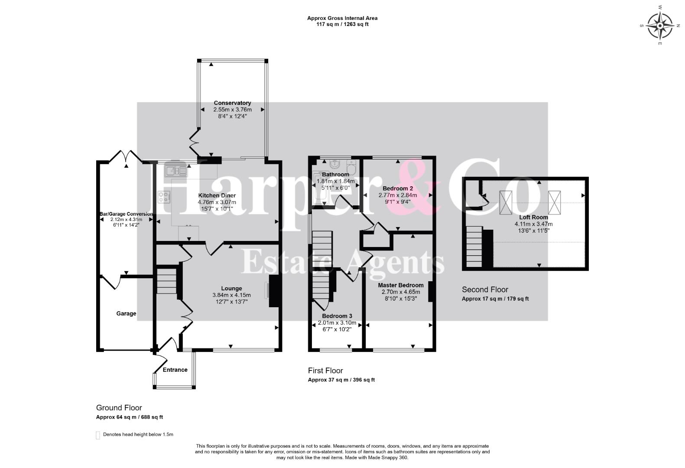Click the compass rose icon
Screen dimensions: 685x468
click(x=660, y=26)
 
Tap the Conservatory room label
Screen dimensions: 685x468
click(x=232, y=103)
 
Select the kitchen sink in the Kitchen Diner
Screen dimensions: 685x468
click(x=176, y=171)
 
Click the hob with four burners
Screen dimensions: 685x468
click(x=164, y=197)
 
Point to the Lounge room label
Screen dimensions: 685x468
click(x=231, y=289)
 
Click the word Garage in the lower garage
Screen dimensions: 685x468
click(x=126, y=314)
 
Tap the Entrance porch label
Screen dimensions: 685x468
click(x=175, y=370)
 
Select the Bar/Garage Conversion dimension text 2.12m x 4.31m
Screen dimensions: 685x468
click(x=126, y=220)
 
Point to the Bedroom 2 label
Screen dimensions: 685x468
click(x=398, y=188)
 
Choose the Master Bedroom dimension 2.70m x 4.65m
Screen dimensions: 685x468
click(x=401, y=292)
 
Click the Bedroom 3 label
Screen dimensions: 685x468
click(x=337, y=316)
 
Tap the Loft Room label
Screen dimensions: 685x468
click(x=534, y=217)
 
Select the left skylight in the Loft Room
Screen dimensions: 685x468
click(x=506, y=202)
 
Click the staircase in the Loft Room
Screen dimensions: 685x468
click(x=474, y=247)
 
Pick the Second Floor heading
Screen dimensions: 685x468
click(x=485, y=289)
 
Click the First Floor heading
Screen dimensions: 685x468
click(x=325, y=371)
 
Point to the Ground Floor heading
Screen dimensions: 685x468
click(x=119, y=408)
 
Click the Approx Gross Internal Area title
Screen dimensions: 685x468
click(x=342, y=18)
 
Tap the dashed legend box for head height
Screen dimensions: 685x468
click(x=98, y=435)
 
